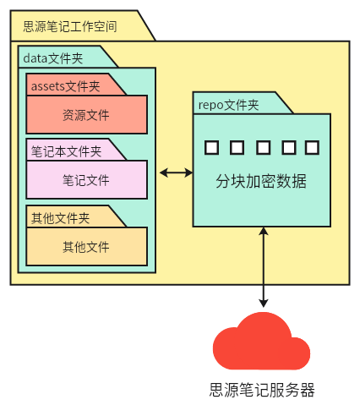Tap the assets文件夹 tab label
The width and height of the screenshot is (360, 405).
pyautogui.click(x=65, y=85)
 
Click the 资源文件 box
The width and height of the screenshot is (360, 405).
pyautogui.click(x=86, y=114)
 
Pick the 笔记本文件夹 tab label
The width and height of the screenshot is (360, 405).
pyautogui.click(x=66, y=151)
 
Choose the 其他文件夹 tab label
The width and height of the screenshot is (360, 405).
pyautogui.click(x=60, y=217)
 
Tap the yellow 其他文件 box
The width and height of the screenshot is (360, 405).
pyautogui.click(x=86, y=247)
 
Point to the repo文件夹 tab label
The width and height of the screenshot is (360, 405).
pyautogui.click(x=228, y=105)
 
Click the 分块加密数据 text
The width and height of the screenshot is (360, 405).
pyautogui.click(x=261, y=182)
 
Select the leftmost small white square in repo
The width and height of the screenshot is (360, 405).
pyautogui.click(x=211, y=148)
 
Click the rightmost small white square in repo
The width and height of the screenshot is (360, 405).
pyautogui.click(x=312, y=148)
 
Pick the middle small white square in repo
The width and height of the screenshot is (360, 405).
pyautogui.click(x=262, y=148)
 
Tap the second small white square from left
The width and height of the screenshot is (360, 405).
pyautogui.click(x=237, y=148)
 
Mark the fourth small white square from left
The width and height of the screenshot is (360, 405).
pyautogui.click(x=287, y=148)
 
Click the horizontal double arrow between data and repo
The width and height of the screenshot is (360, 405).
pyautogui.click(x=176, y=172)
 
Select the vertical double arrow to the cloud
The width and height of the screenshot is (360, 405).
pyautogui.click(x=265, y=267)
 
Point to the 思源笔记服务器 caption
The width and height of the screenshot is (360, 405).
pyautogui.click(x=262, y=391)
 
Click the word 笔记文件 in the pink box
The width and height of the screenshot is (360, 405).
pyautogui.click(x=86, y=180)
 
